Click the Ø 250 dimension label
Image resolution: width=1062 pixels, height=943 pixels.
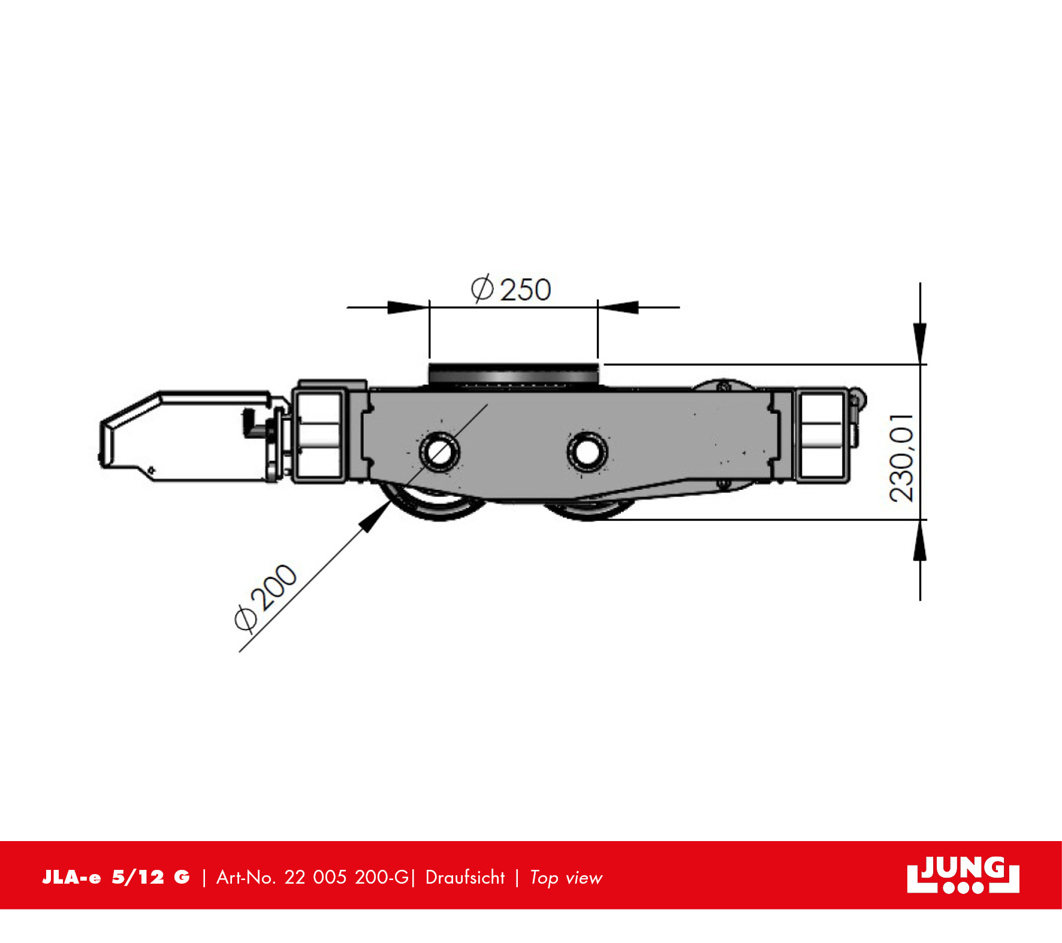click(x=511, y=289)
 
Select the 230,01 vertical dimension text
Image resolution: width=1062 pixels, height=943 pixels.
click(x=901, y=457)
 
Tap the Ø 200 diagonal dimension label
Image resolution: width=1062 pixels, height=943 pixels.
click(x=265, y=598)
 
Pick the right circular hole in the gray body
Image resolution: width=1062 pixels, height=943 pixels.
click(x=587, y=451)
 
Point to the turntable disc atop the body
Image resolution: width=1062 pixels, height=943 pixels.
click(x=514, y=374)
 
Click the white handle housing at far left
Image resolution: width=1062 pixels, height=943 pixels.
click(x=186, y=436)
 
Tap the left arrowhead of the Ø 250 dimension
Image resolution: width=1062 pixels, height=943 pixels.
click(x=409, y=308)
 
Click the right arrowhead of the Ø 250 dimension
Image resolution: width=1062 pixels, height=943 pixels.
click(x=618, y=308)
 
